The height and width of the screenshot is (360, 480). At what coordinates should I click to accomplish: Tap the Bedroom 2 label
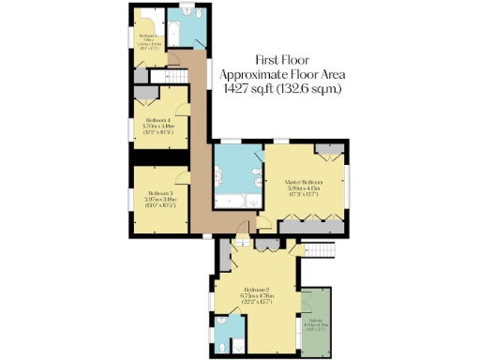tap(256, 289)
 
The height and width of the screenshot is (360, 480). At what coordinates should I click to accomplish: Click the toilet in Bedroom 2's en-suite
tap(221, 344)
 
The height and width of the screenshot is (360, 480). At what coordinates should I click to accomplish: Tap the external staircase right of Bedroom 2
tap(322, 250)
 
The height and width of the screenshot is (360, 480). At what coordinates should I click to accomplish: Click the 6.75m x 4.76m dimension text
tap(256, 296)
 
